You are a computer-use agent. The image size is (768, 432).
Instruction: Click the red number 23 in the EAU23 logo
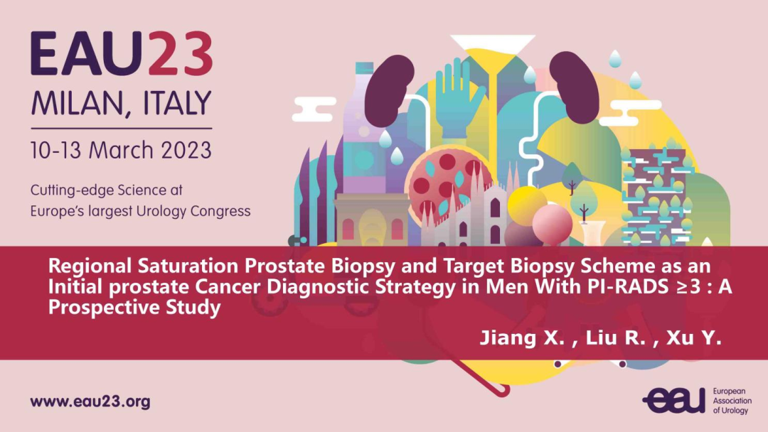pos(180,53)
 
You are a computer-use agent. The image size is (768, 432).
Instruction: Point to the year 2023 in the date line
pos(186,150)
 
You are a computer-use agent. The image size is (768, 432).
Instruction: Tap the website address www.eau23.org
pos(90,402)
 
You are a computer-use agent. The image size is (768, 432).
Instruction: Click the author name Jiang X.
pos(522,337)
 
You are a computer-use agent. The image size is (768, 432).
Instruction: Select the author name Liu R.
pos(616,337)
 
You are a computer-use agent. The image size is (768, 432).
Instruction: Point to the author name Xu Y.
pos(694,337)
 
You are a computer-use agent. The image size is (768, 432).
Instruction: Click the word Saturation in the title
pos(189,266)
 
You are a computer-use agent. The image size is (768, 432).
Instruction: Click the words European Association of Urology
pos(732,401)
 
